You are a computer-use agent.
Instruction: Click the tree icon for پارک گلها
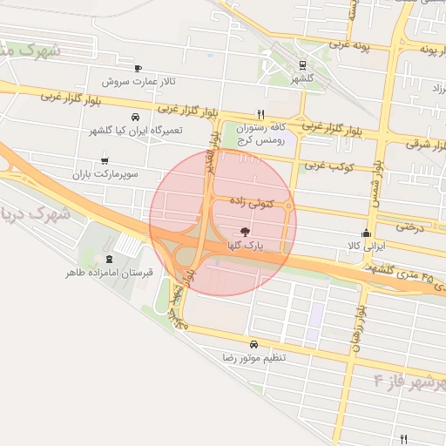click(x=247, y=233)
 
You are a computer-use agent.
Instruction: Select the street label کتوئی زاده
click(x=252, y=201)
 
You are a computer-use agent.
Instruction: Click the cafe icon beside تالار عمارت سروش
click(x=138, y=68)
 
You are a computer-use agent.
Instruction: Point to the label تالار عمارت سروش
click(x=139, y=82)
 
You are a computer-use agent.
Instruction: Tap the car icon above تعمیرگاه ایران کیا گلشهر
click(x=134, y=117)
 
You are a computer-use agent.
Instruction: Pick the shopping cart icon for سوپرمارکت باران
click(x=105, y=160)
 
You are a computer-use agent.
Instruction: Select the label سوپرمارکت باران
click(x=106, y=174)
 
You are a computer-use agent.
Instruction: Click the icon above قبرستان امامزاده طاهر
click(x=109, y=259)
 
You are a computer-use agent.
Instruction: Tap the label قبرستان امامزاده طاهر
click(x=109, y=273)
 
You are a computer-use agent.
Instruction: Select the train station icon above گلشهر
click(x=301, y=64)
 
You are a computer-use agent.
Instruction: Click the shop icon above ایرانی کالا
click(x=365, y=233)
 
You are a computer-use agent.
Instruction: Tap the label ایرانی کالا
click(x=366, y=247)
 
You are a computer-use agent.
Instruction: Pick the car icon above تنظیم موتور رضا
click(x=253, y=343)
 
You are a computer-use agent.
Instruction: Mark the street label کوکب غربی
click(x=325, y=165)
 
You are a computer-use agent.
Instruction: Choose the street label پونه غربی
click(x=351, y=43)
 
